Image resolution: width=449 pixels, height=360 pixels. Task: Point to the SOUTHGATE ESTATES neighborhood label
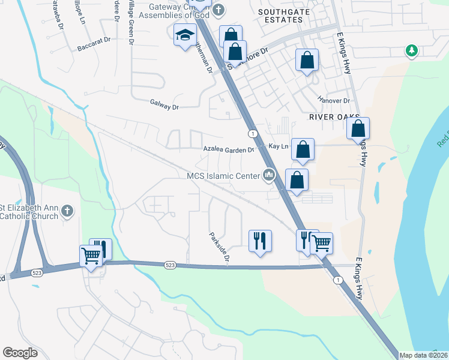coord(280,16)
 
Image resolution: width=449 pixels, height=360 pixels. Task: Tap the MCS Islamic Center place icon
coord(268,175)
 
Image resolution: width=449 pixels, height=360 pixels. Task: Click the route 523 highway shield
coord(170,265)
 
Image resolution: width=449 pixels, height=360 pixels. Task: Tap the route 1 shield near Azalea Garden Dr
coord(253,133)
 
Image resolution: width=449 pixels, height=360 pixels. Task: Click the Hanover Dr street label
coord(334,101)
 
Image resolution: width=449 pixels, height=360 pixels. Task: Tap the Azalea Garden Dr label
coord(229,148)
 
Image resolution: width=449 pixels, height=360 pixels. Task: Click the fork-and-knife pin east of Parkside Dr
coord(260,241)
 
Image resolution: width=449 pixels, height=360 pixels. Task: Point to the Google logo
coord(20,353)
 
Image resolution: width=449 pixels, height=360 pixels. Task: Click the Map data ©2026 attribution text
coord(424,355)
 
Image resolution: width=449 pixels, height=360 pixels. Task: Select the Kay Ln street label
coord(279,146)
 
